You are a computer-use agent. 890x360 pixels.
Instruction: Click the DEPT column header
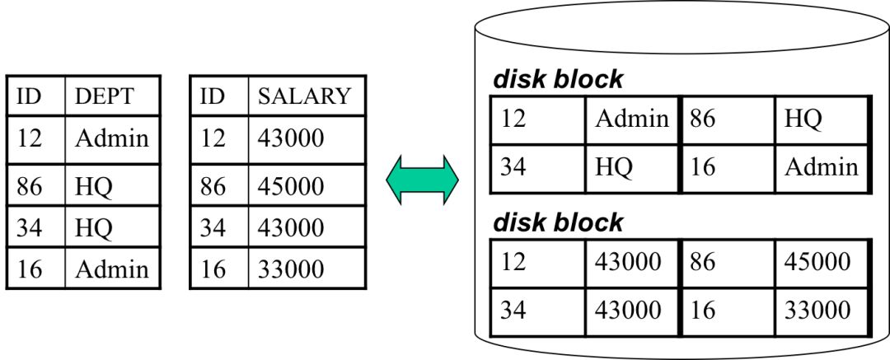click(104, 96)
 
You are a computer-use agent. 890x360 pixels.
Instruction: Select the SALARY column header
click(304, 96)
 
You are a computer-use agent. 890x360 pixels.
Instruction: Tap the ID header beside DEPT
click(30, 96)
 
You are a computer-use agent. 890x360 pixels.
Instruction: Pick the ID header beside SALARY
click(213, 96)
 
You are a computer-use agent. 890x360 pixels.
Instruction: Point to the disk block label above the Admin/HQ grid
click(558, 80)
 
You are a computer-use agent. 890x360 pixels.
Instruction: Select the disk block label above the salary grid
click(558, 222)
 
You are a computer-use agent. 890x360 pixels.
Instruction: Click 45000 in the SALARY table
click(290, 186)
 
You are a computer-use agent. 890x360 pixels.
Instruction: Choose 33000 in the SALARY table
click(290, 269)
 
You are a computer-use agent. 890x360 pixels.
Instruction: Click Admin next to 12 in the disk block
click(632, 119)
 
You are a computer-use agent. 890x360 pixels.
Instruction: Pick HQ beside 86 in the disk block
click(803, 119)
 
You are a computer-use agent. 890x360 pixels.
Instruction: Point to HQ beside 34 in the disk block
click(614, 167)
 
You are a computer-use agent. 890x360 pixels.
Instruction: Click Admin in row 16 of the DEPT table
click(112, 269)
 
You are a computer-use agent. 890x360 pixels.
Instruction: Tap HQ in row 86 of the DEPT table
click(94, 186)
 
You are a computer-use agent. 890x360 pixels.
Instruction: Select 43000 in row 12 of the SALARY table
click(290, 138)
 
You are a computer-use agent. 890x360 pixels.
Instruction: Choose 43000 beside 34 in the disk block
click(628, 310)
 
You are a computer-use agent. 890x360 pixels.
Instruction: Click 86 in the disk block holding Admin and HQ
click(703, 119)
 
